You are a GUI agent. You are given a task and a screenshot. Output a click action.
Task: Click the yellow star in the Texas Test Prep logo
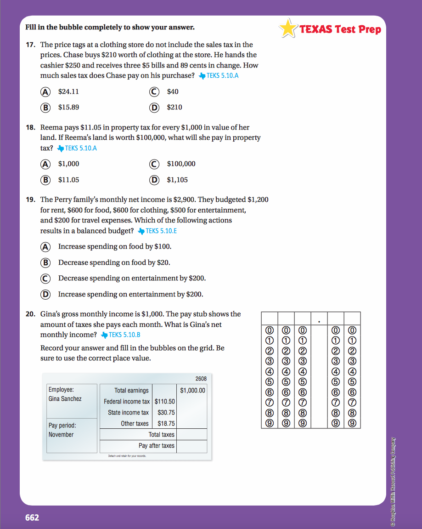tap(288, 28)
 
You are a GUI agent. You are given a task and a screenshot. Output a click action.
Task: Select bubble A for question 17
tap(45, 91)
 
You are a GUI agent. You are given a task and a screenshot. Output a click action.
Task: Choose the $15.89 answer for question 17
tap(68, 107)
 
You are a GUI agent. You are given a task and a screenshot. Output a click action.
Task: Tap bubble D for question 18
tap(154, 180)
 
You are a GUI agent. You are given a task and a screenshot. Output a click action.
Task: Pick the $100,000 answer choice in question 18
tap(181, 164)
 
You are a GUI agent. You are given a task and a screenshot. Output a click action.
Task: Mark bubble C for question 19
tap(45, 278)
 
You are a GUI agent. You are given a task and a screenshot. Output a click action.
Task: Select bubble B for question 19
tap(45, 262)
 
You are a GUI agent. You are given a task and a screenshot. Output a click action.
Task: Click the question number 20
tap(30, 314)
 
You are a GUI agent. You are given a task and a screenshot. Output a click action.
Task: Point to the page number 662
tap(32, 518)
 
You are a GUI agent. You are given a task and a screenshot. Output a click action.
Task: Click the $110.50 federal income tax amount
tap(165, 401)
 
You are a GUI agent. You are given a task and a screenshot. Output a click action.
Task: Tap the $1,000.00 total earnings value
tap(193, 390)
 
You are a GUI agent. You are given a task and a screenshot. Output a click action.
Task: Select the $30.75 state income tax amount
tap(166, 412)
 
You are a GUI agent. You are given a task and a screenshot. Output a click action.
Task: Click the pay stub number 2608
tap(201, 379)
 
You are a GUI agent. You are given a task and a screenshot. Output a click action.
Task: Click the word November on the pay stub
tap(61, 434)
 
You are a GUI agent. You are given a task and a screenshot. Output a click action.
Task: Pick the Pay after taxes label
tap(157, 445)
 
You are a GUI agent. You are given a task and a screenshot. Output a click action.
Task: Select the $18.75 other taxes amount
tap(166, 423)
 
